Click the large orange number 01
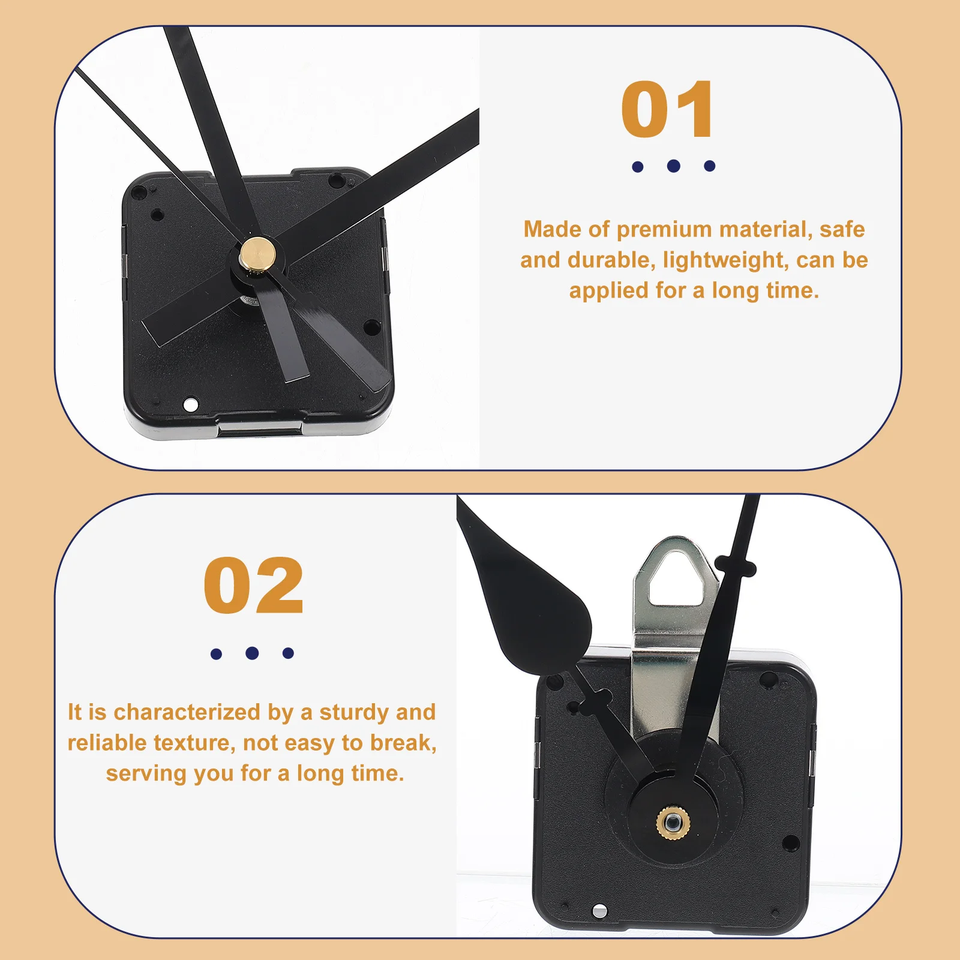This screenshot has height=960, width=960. pos(667,110)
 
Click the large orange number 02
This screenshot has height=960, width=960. pos(253,586)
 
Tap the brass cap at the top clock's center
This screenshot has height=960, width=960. pos(257,252)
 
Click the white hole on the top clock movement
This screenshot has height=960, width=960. pos(191,404)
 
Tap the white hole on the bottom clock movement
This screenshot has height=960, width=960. pos(599,911)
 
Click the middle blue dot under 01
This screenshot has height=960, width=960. pos(673,166)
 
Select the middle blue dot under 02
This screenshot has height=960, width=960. pos(252,653)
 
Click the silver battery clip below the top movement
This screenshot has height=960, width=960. pos(259,429)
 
